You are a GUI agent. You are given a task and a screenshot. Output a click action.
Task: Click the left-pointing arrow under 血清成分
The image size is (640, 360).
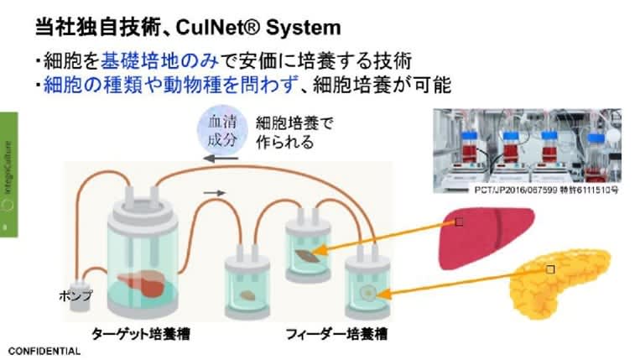(223, 157)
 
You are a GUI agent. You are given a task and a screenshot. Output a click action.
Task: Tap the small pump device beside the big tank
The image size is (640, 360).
(81, 291)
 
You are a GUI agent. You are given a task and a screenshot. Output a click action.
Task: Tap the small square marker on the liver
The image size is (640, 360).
(458, 223)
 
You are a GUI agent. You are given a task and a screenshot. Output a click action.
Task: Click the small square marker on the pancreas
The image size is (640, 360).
(550, 269)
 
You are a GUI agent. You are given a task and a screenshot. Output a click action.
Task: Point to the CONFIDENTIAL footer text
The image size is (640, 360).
(44, 351)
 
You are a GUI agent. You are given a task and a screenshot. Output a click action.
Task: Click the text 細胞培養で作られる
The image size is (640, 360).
(294, 133)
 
